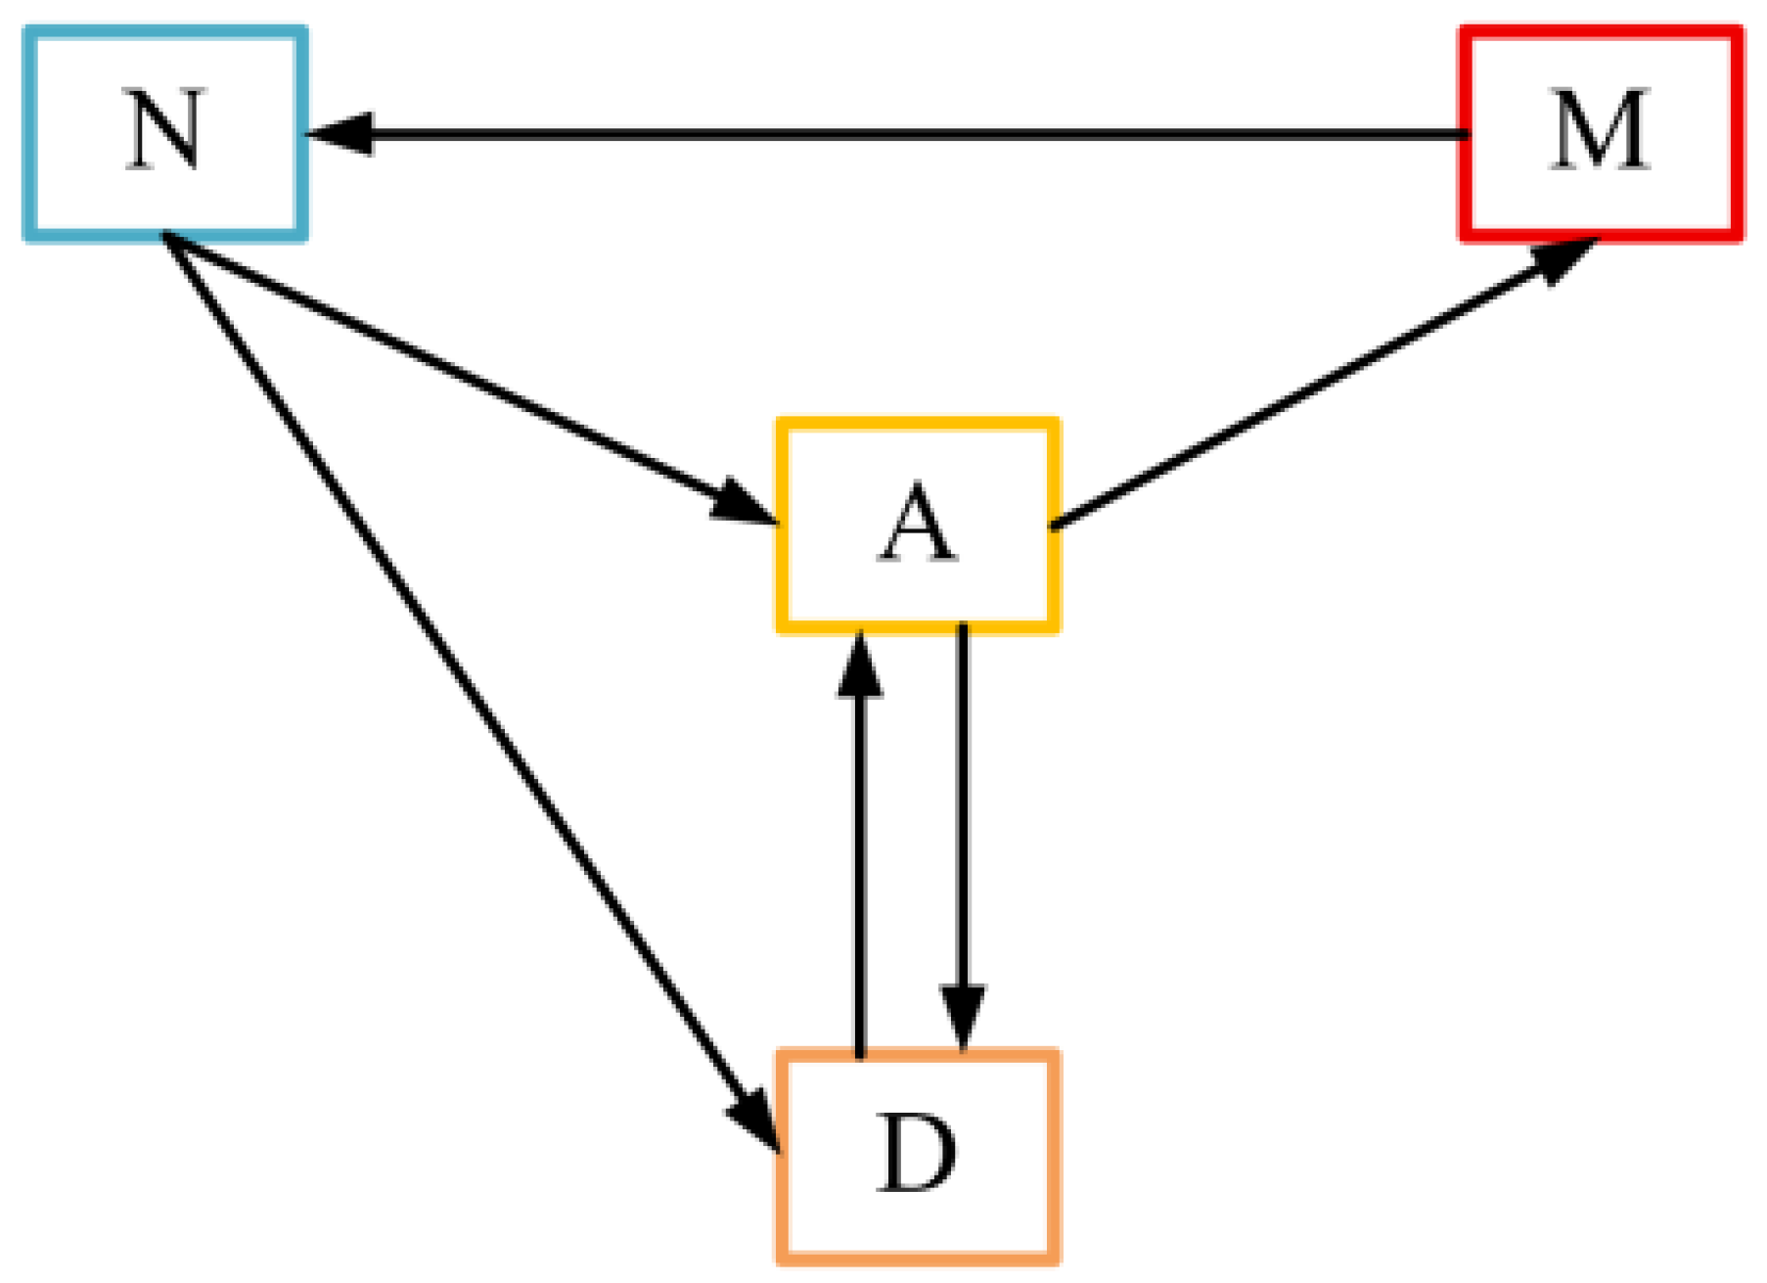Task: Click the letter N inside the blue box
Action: [165, 131]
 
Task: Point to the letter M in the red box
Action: [1601, 131]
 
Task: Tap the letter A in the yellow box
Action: [917, 525]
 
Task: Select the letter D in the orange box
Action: [917, 1155]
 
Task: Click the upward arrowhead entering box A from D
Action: [859, 665]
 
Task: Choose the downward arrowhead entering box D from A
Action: [963, 1018]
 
